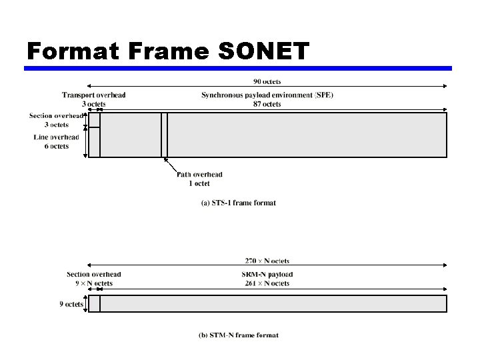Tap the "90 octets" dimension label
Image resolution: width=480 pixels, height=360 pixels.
267,81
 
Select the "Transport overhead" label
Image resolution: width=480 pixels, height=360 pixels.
94,95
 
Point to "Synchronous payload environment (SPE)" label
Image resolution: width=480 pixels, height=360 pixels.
267,95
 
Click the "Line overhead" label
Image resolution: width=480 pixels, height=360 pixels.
57,137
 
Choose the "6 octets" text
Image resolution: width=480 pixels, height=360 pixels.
57,146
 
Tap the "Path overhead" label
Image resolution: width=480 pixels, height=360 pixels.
199,175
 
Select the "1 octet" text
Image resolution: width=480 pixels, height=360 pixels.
199,183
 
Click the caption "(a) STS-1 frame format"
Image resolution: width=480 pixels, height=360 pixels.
239,203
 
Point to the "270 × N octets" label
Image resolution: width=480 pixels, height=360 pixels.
267,261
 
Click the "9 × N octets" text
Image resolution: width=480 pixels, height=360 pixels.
94,283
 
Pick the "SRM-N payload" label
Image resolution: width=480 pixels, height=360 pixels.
267,275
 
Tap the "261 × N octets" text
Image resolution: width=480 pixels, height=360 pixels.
267,283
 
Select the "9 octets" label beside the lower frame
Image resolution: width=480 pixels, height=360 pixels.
71,304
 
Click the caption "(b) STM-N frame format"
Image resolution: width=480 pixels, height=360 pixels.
239,335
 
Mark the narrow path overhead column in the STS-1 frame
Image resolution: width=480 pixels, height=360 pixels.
165,135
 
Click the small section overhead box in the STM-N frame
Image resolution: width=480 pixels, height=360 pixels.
94,303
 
